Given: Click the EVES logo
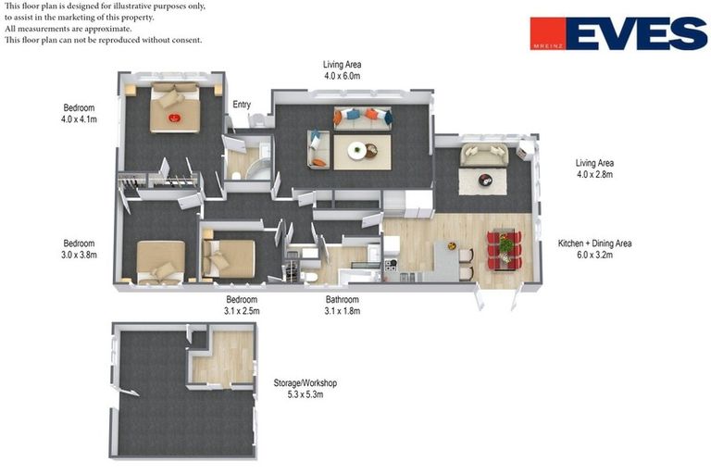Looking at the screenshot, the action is pos(618,33).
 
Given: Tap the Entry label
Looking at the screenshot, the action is pos(242,105).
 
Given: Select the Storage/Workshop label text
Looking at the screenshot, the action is pos(306,383).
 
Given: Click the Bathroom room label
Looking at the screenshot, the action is pos(343,299).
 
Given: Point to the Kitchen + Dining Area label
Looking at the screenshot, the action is pos(595,243).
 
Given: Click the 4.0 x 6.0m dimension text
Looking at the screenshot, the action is pos(343,76).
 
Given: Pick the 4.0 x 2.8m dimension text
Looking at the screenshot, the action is pos(595,174).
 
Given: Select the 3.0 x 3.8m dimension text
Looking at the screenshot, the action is pos(79,255).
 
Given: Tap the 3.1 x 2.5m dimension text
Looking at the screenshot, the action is pos(242,311).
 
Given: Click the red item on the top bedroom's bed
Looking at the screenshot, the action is pos(175,118).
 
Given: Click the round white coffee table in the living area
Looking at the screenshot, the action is pos(356,150).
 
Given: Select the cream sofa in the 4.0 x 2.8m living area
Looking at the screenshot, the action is pos(484,155).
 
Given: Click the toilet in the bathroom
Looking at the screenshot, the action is pos(309,276).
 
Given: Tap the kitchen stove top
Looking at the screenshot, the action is pos(391,264).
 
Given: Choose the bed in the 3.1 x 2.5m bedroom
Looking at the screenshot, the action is pos(229,257).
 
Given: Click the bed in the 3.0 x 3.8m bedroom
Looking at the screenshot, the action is pos(160,262).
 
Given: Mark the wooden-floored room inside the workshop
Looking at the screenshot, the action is pos(222,358).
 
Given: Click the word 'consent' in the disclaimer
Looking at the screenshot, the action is pos(187,40).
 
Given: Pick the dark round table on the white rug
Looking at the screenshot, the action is pos(485,181).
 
